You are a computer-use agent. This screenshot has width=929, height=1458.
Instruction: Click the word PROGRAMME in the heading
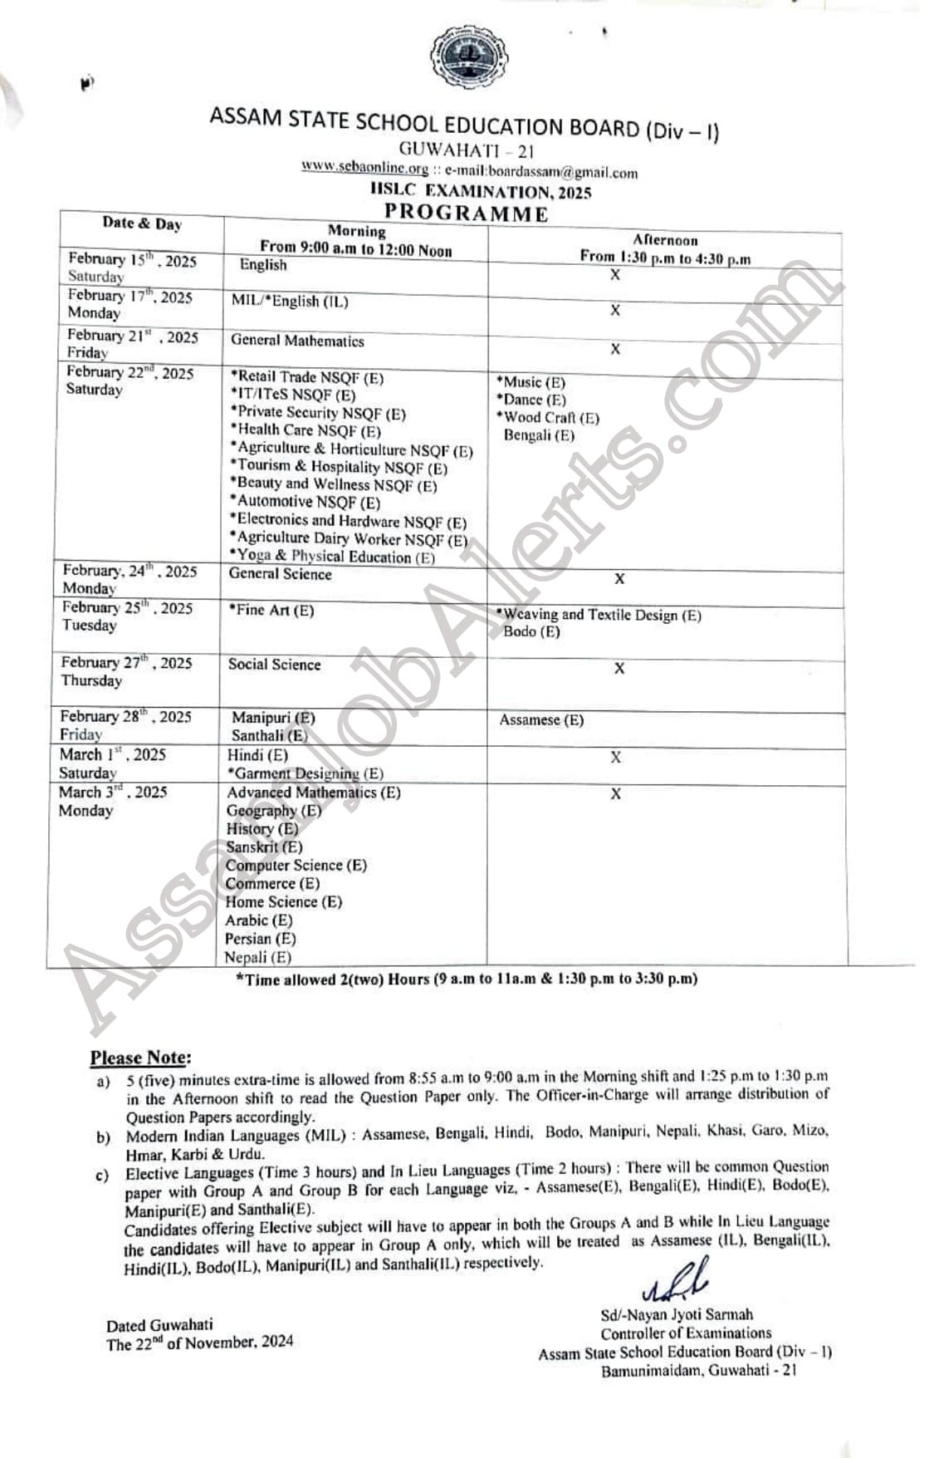[466, 214]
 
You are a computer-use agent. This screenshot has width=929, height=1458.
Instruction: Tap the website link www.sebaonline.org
[364, 168]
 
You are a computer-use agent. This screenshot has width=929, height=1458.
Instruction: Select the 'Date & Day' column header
[142, 223]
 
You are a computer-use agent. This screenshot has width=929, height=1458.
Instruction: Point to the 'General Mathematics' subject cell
[297, 341]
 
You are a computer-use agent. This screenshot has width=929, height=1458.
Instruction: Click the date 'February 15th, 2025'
[132, 260]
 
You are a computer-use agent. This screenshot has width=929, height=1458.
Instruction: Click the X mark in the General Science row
[619, 579]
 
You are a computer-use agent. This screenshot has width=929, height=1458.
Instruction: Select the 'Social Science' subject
[274, 665]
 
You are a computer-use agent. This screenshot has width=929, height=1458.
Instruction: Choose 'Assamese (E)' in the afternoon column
[541, 720]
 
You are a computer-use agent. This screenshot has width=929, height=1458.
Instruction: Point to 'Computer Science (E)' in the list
[296, 866]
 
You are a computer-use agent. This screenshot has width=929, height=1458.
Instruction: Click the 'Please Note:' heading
[140, 1058]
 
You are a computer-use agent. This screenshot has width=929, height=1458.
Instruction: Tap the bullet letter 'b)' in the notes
[103, 1137]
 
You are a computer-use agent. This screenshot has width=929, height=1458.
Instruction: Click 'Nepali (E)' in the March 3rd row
[258, 957]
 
